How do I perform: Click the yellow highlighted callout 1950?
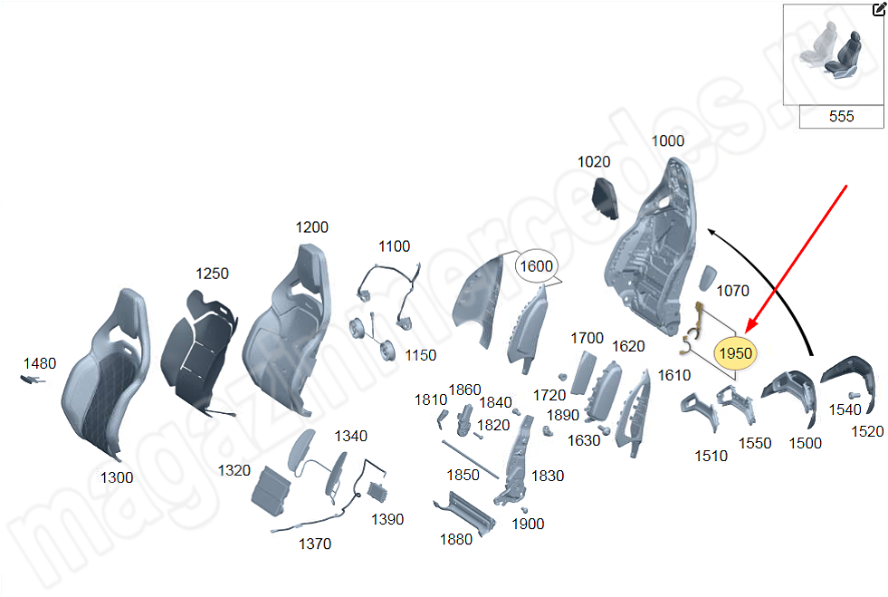coord(735,352)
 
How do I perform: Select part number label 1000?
coord(668,141)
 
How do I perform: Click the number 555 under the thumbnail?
coord(841,117)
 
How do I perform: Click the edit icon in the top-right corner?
coord(878,10)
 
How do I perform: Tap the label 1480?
coord(39,363)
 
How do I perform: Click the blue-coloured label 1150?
coord(420,356)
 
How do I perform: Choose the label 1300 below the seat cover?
coord(117,477)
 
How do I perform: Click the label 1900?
coord(528,524)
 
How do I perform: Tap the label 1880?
coord(455,539)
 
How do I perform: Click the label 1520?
coord(867,431)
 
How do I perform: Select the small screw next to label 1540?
coord(855,395)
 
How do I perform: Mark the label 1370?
coord(315,544)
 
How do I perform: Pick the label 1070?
coord(732,291)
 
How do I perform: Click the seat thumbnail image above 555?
coord(833,54)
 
